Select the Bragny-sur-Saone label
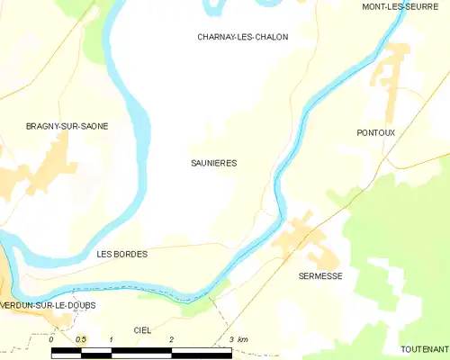[x=67, y=126]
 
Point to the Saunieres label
[x=214, y=163]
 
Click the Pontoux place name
[x=376, y=132]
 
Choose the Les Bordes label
[x=121, y=255]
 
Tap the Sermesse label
[x=320, y=276]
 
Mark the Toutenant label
[x=425, y=348]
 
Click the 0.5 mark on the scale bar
[x=81, y=339]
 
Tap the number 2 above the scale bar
[x=171, y=339]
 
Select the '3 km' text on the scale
[x=238, y=339]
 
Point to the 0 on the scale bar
[x=52, y=339]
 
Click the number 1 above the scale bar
[x=111, y=339]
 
